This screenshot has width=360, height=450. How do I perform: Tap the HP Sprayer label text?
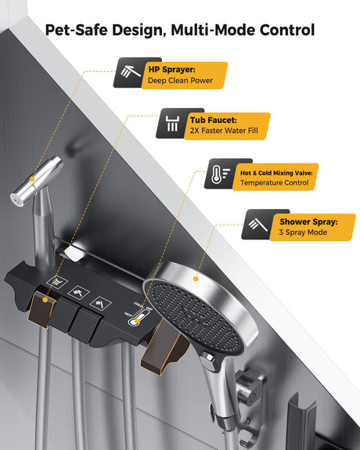[171, 70]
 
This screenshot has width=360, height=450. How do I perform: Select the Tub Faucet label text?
[214, 120]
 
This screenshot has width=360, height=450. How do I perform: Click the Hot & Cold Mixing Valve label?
[276, 173]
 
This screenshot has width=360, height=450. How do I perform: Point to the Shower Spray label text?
[308, 221]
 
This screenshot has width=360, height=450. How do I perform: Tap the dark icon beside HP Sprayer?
[131, 72]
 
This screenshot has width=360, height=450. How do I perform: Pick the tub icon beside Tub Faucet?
[172, 124]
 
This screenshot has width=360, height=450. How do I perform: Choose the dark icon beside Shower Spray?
[257, 225]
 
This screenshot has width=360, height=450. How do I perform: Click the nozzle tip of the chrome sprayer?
[16, 200]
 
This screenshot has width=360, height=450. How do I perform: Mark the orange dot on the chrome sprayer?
[32, 179]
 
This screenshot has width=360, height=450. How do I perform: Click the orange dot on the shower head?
[196, 279]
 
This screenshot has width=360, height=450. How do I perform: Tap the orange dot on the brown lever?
[45, 300]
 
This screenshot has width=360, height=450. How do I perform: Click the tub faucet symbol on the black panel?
[57, 282]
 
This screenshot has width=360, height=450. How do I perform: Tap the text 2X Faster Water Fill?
[224, 131]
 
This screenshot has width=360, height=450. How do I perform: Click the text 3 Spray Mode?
[303, 232]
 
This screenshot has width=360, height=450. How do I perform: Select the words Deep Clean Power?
[180, 81]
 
